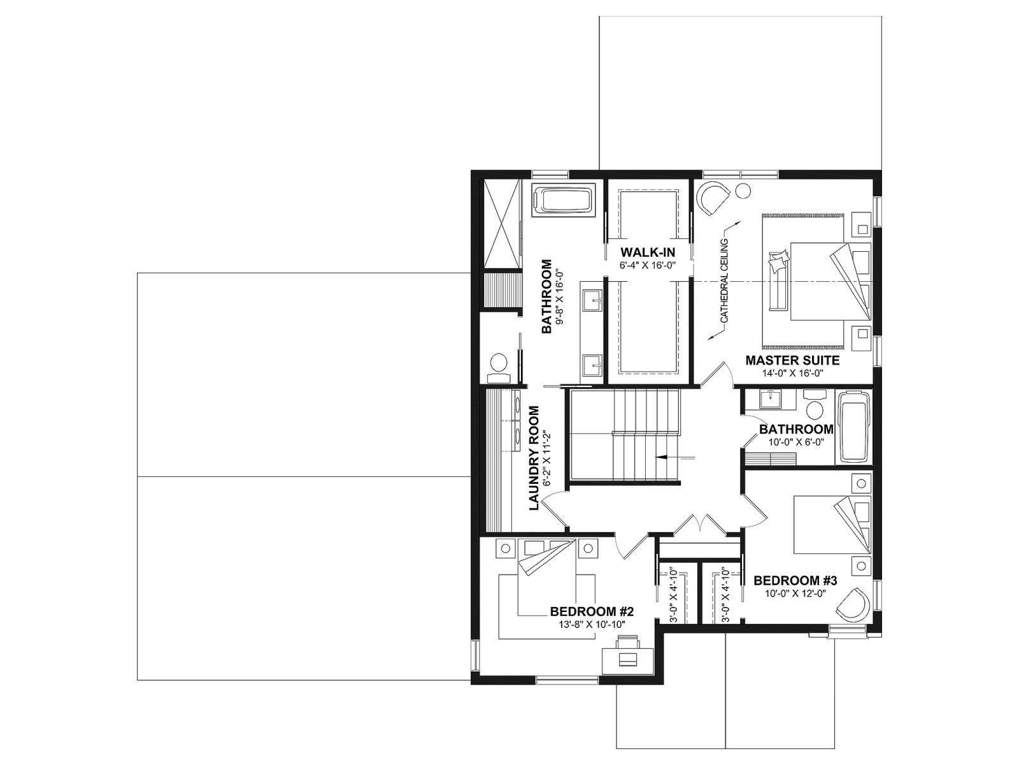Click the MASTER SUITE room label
792,360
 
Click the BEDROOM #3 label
795,580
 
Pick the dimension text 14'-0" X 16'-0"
792,373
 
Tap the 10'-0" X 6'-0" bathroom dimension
795,442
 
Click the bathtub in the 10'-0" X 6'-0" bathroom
853,427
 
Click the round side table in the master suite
743,191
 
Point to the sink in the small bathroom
771,400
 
